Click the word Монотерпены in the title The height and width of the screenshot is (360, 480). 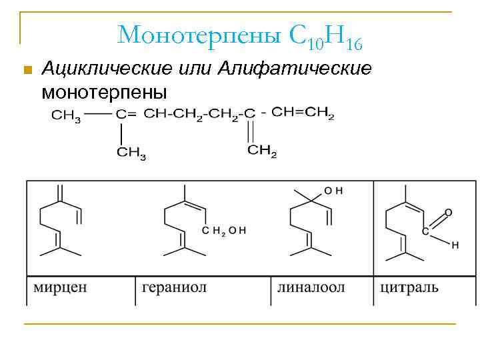(x=200, y=34)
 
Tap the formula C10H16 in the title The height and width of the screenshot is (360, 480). (x=326, y=37)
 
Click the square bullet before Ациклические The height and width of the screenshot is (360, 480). (x=27, y=69)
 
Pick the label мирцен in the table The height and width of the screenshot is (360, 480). (x=60, y=288)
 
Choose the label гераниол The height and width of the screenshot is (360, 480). (x=175, y=288)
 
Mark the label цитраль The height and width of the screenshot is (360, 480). (x=409, y=288)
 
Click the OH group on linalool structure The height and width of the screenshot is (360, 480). (x=333, y=191)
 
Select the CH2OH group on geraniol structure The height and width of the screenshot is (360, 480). (x=224, y=231)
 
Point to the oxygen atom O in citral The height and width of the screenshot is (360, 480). (x=447, y=213)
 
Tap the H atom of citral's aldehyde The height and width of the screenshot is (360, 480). (x=455, y=245)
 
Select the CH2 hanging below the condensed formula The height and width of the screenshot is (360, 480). (x=262, y=151)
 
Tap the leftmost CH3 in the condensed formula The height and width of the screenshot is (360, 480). (x=66, y=115)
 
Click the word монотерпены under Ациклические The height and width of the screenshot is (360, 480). (x=103, y=90)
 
